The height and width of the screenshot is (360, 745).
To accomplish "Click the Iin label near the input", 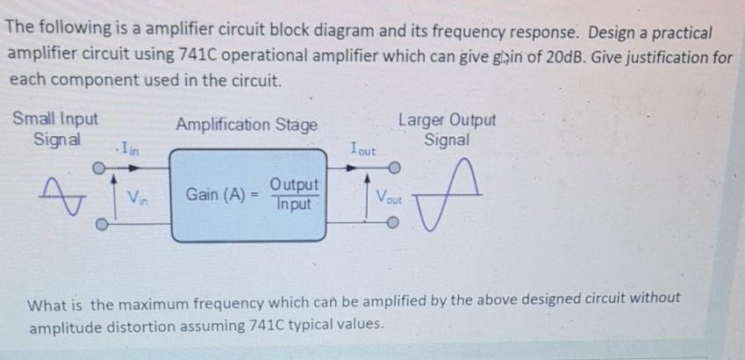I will click(x=128, y=148).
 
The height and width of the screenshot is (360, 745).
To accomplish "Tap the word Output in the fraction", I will click(x=294, y=185).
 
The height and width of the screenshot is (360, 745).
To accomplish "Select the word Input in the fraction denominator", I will click(x=294, y=203).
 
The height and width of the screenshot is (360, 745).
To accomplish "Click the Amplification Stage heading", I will click(x=247, y=125).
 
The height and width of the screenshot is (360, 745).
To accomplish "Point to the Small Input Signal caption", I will click(x=56, y=129).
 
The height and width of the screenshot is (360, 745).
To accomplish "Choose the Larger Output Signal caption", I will click(x=447, y=129).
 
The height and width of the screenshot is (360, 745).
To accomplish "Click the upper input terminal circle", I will click(x=100, y=164).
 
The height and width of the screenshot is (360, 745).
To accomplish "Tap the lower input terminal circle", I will click(x=100, y=223).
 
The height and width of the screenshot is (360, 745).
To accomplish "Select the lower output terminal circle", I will click(x=395, y=223).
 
